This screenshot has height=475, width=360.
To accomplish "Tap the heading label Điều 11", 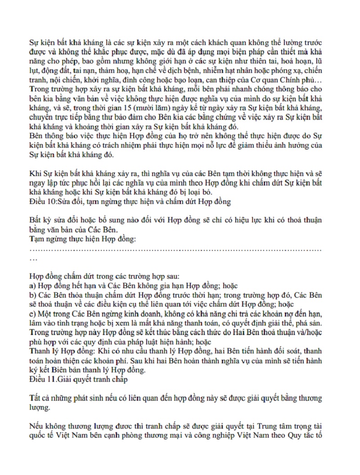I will click(x=41, y=380).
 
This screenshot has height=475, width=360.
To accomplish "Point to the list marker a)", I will click(x=32, y=285).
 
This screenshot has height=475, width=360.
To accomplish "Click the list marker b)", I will click(x=32, y=295).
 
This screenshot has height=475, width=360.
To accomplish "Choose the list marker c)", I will click(x=32, y=314).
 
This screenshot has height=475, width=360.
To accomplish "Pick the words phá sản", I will click(x=310, y=324).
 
